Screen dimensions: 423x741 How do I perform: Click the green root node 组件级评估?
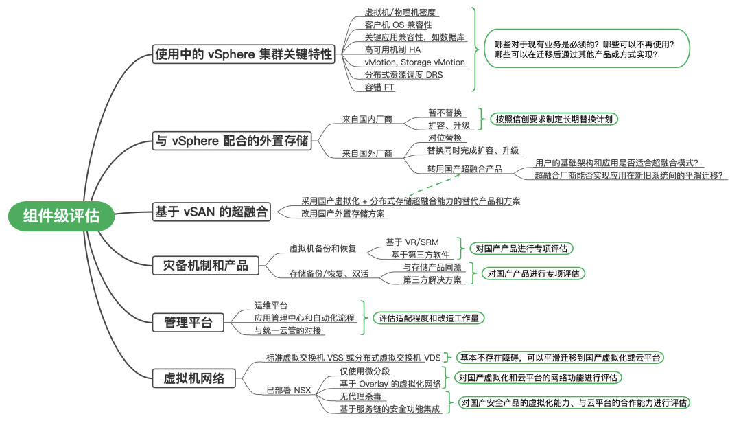click(x=61, y=216)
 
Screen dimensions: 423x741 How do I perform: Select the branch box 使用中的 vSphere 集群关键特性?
click(x=244, y=54)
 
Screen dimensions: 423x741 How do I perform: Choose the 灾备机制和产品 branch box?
click(x=206, y=265)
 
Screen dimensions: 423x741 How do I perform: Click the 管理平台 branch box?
click(x=188, y=322)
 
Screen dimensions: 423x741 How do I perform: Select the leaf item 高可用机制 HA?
click(x=393, y=49)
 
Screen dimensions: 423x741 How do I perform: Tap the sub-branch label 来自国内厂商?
click(x=367, y=119)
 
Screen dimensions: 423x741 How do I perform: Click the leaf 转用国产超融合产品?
click(x=464, y=169)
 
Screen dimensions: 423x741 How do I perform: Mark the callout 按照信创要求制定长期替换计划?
click(x=554, y=119)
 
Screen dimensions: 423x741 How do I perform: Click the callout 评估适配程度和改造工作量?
click(x=428, y=318)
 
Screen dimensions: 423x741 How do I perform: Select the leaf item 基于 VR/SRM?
click(x=412, y=242)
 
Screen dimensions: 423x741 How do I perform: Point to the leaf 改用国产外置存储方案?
click(x=344, y=214)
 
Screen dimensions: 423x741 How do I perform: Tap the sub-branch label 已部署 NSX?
click(x=288, y=391)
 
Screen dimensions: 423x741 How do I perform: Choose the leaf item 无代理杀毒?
click(x=361, y=396)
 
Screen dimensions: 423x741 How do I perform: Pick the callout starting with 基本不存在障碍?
click(x=560, y=357)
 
